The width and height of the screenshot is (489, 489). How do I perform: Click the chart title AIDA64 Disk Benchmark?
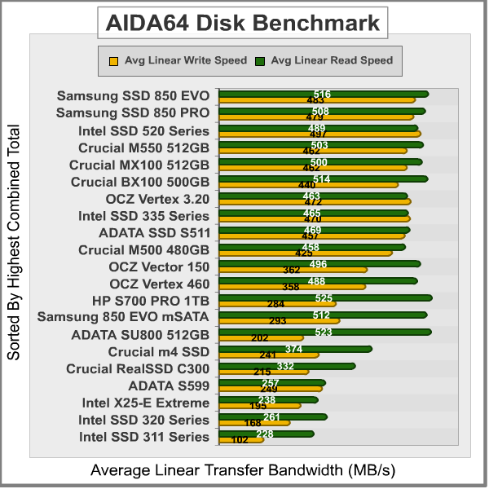point(244,23)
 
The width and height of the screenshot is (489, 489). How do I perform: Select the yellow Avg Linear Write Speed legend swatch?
point(112,60)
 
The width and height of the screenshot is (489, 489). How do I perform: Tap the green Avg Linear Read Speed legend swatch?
point(260,60)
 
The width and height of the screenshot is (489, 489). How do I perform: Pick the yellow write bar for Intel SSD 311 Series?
point(240,440)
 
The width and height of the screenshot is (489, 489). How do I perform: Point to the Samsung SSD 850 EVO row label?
point(133,95)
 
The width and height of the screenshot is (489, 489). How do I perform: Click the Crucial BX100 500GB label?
point(140,181)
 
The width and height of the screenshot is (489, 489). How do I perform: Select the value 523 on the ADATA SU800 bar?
point(323,333)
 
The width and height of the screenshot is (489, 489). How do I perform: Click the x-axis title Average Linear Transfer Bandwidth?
point(242,471)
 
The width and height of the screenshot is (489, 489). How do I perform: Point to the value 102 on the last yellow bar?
point(240,440)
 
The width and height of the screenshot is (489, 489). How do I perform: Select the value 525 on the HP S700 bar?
point(324,298)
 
